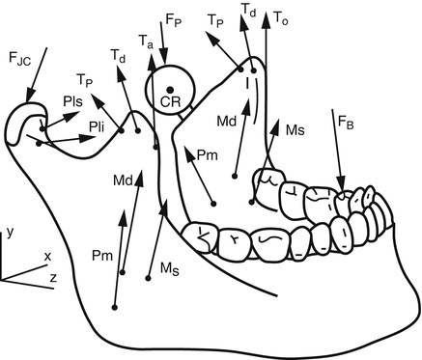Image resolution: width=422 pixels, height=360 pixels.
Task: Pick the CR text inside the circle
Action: click(170, 101)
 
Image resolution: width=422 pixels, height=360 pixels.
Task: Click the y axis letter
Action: click(8, 233)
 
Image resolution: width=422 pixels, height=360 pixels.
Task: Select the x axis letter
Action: click(46, 256)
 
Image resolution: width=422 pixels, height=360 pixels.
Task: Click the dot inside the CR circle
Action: click(170, 89)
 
